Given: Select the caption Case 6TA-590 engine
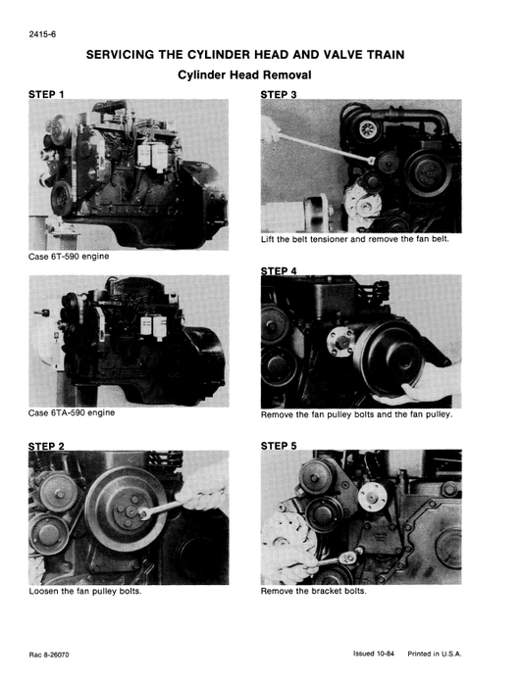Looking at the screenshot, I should tap(74, 412).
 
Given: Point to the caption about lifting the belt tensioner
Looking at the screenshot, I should tap(354, 240).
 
